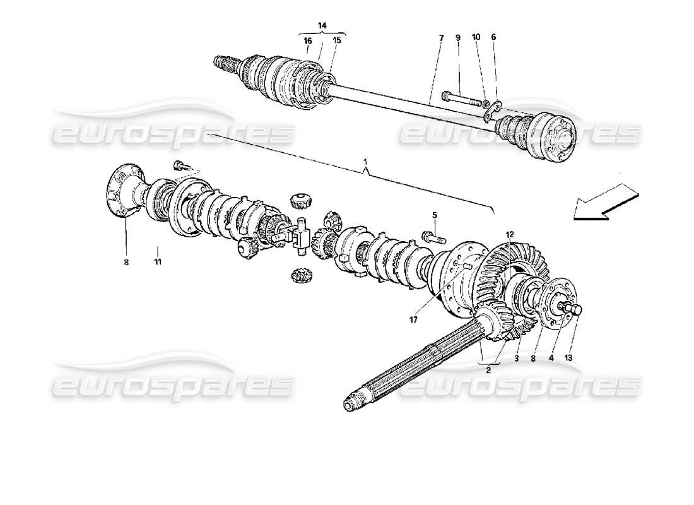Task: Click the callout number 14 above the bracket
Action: point(322,25)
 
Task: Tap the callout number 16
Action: point(308,40)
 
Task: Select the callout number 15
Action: point(336,40)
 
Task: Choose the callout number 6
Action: point(493,38)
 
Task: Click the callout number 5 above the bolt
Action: point(435,214)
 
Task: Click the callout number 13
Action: point(568,358)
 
